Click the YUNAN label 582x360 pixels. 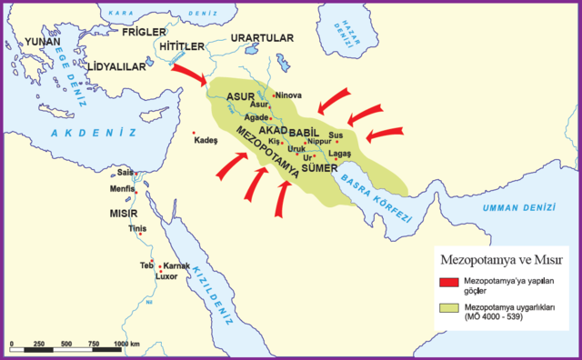tap(43, 42)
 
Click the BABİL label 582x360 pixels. tap(306, 133)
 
